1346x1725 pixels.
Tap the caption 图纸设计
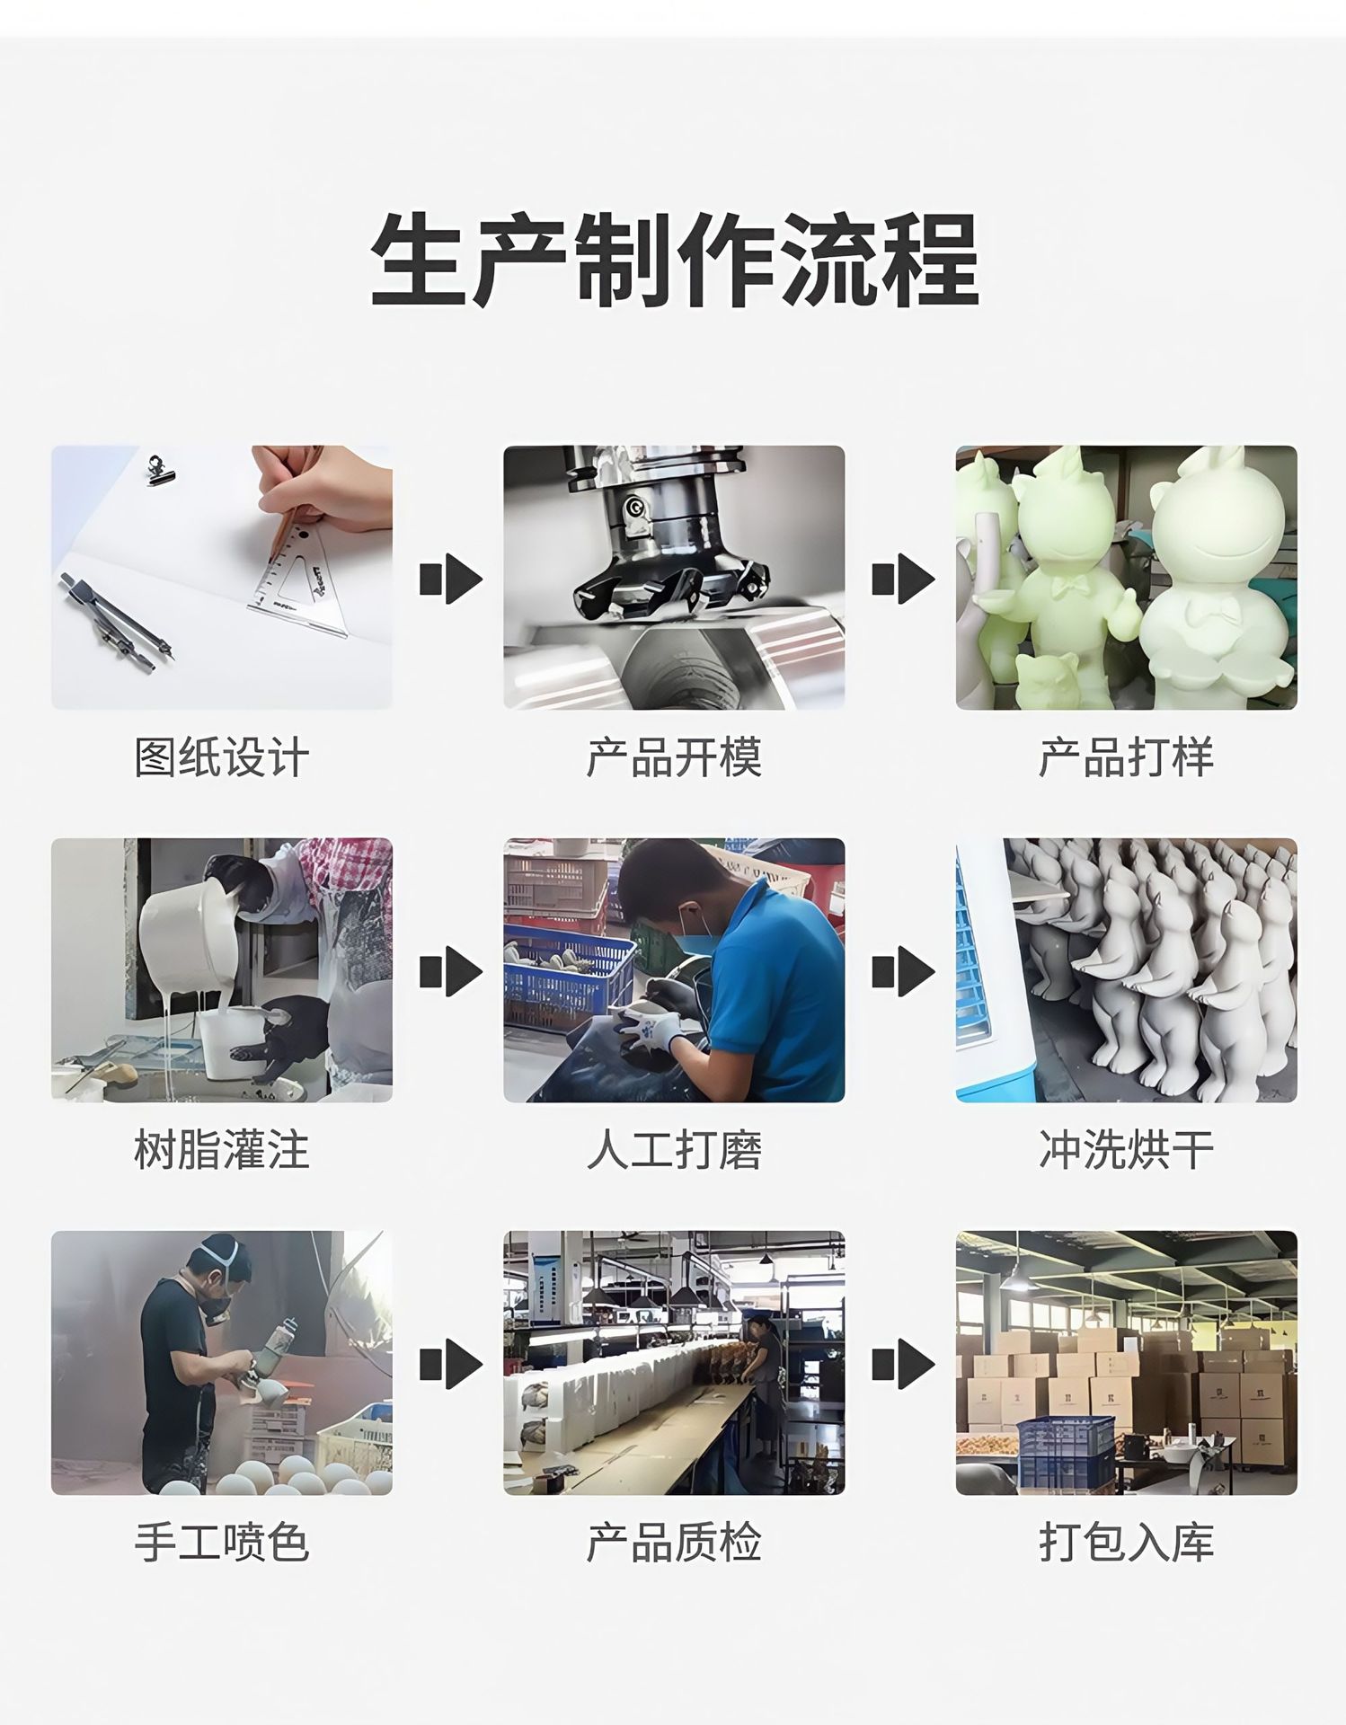(222, 757)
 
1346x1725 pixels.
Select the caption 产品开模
(674, 757)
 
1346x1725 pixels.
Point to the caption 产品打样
(1126, 757)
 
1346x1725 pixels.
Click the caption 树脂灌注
(222, 1150)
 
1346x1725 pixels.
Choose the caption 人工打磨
(674, 1150)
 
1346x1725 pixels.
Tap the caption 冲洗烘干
(1126, 1150)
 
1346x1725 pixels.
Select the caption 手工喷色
(222, 1543)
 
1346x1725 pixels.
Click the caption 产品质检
(674, 1543)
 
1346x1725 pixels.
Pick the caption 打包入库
(1126, 1543)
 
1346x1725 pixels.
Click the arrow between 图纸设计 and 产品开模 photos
(450, 578)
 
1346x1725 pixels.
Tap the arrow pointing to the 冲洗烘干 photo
(903, 970)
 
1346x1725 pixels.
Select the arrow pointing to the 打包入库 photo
(903, 1363)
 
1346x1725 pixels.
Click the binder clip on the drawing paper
(162, 469)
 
